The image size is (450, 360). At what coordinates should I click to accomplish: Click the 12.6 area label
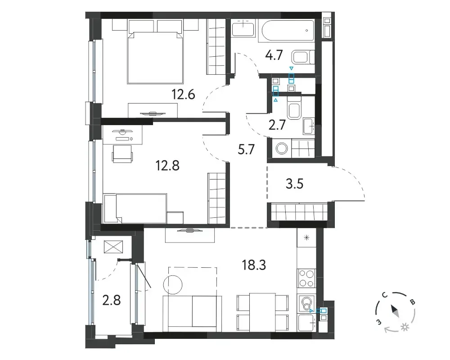point(184,94)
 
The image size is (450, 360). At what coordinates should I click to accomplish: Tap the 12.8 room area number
point(167,165)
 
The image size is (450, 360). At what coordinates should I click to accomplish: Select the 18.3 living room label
point(254,265)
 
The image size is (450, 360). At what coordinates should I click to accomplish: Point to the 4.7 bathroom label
point(274,55)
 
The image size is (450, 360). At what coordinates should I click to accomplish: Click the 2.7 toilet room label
point(277,125)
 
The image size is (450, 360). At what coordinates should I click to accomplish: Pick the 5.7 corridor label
point(247,149)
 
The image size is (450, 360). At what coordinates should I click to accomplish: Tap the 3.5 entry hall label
point(295,184)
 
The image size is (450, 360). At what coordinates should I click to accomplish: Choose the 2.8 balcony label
point(111,301)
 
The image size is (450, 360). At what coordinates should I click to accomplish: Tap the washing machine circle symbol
point(282,148)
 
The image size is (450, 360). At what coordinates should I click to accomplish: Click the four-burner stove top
point(306,278)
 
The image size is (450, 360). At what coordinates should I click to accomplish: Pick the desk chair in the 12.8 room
point(122,154)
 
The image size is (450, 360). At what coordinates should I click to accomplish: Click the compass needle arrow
point(394,311)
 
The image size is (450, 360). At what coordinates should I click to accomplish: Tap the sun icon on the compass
point(405,327)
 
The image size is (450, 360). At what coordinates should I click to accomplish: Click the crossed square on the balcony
point(113,247)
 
